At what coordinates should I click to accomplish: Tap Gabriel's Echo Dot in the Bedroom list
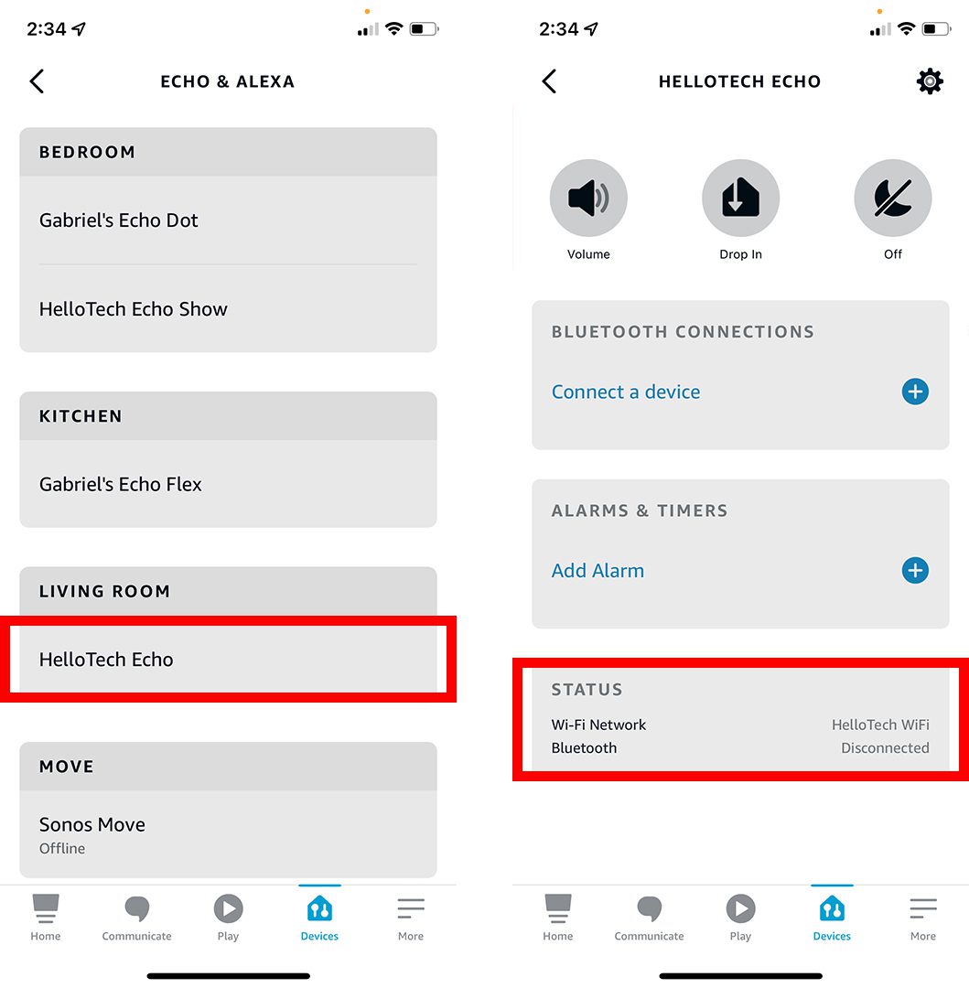pyautogui.click(x=119, y=220)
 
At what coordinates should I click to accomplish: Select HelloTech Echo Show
pyautogui.click(x=134, y=309)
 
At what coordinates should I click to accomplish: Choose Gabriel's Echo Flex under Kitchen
pyautogui.click(x=121, y=485)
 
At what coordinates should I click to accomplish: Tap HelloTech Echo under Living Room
pyautogui.click(x=106, y=660)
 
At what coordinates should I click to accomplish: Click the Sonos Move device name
pyautogui.click(x=92, y=824)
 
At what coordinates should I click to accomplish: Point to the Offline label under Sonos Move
pyautogui.click(x=62, y=849)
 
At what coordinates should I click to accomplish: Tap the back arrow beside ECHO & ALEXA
pyautogui.click(x=37, y=81)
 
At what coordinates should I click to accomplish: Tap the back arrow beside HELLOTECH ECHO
pyautogui.click(x=549, y=81)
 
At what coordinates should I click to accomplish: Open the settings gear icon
pyautogui.click(x=930, y=81)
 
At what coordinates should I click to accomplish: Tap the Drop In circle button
pyautogui.click(x=740, y=199)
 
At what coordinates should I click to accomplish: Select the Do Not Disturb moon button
pyautogui.click(x=892, y=199)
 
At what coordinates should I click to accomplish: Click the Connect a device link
pyautogui.click(x=626, y=392)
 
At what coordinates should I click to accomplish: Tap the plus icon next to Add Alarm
pyautogui.click(x=915, y=571)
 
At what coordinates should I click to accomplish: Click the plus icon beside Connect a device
pyautogui.click(x=915, y=392)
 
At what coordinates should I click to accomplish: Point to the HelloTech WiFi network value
pyautogui.click(x=880, y=725)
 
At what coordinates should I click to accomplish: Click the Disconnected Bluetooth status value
pyautogui.click(x=885, y=748)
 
